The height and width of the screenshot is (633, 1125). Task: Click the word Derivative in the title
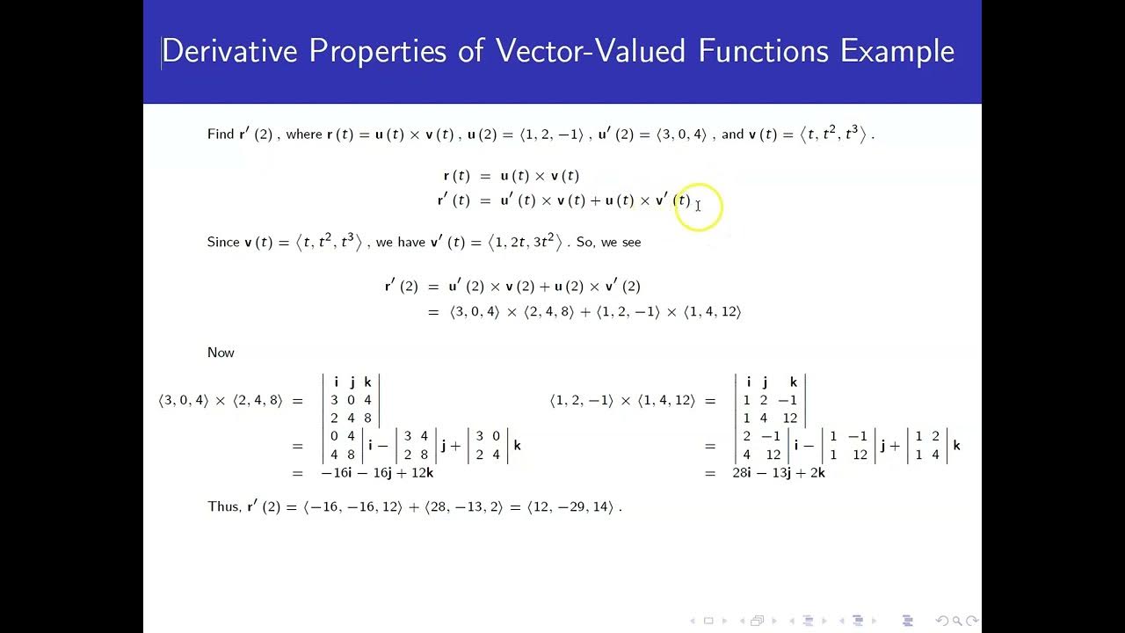pos(230,51)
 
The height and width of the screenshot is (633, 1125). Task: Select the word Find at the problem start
pos(220,135)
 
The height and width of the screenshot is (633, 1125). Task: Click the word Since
pos(223,243)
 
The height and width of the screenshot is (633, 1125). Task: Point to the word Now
pos(221,353)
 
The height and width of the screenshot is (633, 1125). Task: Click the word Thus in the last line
pos(223,506)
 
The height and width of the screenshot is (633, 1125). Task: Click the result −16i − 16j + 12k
pos(377,473)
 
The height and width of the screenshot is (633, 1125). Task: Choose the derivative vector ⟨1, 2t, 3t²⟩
pos(525,243)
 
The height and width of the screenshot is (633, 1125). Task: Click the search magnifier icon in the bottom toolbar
pos(958,621)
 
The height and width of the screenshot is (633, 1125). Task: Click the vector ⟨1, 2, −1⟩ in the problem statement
pos(551,135)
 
